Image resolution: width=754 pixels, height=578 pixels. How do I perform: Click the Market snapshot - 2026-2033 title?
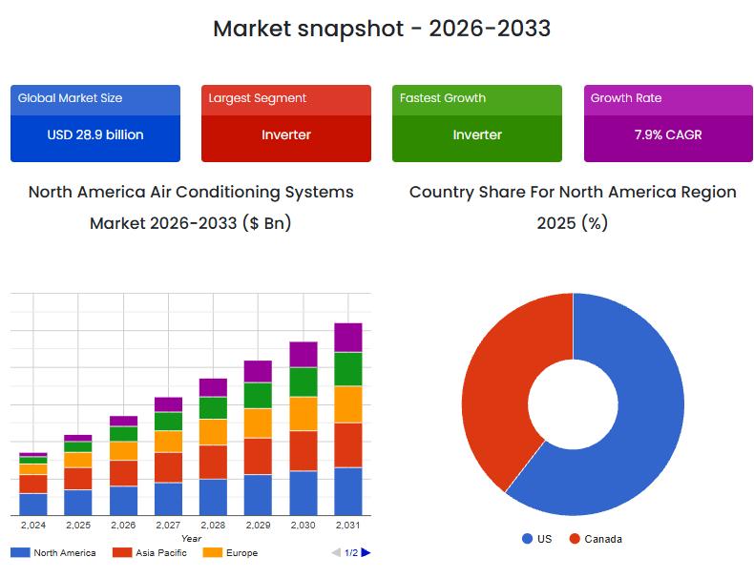[381, 29]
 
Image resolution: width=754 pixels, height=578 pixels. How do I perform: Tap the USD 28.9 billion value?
[95, 134]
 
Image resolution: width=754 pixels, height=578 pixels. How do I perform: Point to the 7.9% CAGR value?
[668, 134]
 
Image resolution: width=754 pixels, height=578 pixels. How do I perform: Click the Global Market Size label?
[70, 98]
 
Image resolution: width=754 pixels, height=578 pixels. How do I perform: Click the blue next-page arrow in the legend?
[366, 552]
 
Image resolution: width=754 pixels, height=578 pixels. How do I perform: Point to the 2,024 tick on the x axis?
[32, 525]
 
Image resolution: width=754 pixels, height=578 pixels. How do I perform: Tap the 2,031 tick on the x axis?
[348, 525]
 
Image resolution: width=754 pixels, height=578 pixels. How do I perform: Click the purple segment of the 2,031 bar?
[348, 337]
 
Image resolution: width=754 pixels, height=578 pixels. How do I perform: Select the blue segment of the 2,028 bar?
[213, 497]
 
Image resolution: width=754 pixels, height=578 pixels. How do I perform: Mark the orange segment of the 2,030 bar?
[304, 413]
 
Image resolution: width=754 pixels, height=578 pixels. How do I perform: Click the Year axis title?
[191, 539]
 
